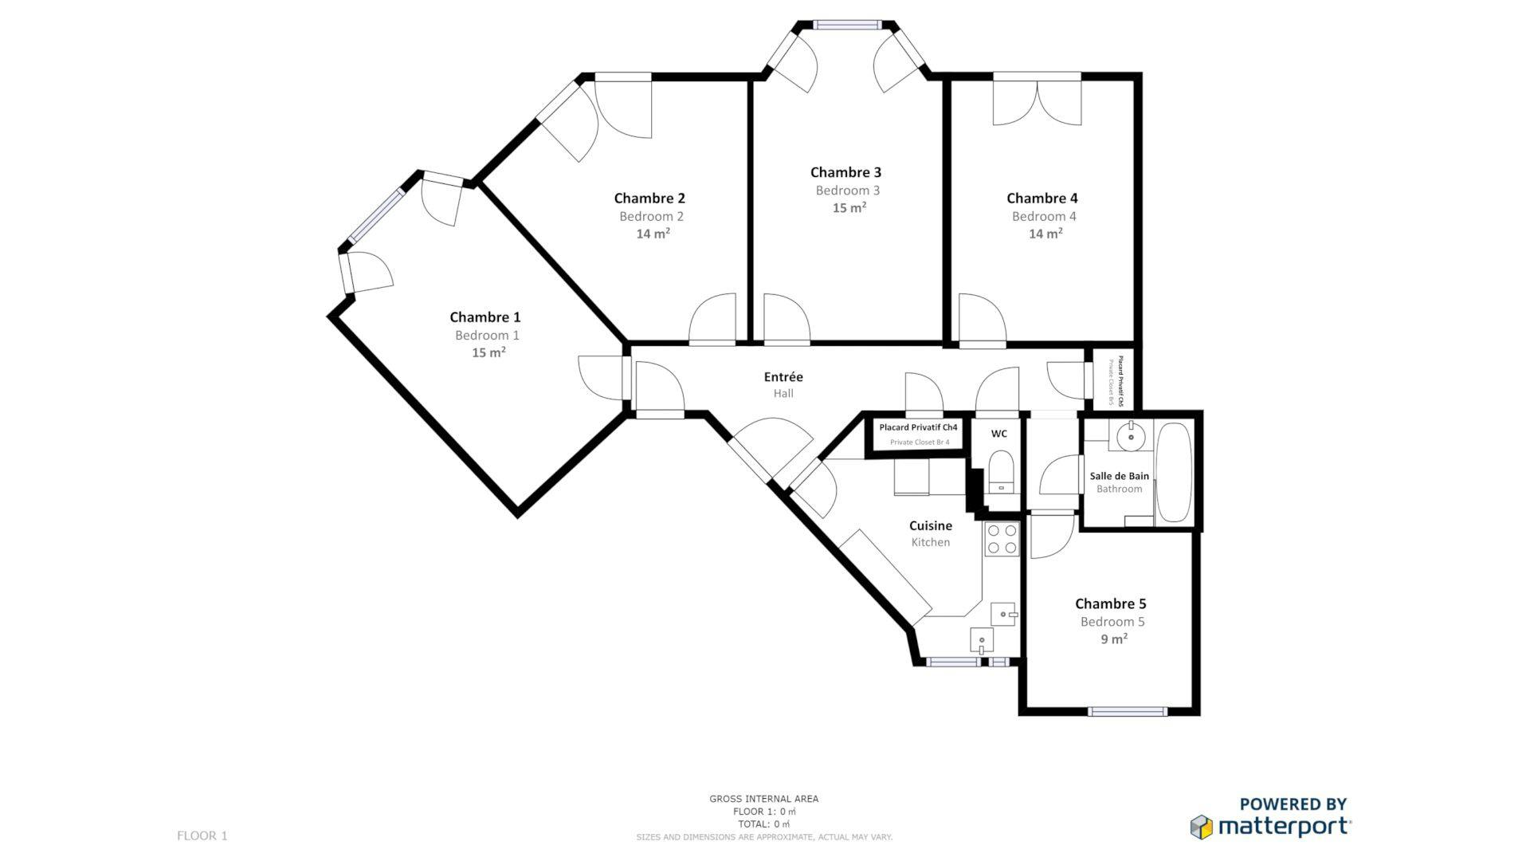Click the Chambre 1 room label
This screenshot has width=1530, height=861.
pyautogui.click(x=484, y=317)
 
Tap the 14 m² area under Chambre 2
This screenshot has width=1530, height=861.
pyautogui.click(x=652, y=234)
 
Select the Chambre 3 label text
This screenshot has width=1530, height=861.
pyautogui.click(x=845, y=172)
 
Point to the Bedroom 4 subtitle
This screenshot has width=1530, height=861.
pyautogui.click(x=1044, y=216)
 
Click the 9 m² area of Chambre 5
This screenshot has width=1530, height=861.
pyautogui.click(x=1113, y=639)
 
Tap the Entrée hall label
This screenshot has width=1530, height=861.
pyautogui.click(x=783, y=377)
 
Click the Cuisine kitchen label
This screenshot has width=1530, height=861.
pyautogui.click(x=930, y=526)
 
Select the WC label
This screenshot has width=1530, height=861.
pyautogui.click(x=998, y=434)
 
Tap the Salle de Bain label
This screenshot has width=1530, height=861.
pyautogui.click(x=1119, y=476)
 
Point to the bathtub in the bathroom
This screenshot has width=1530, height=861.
pyautogui.click(x=1173, y=472)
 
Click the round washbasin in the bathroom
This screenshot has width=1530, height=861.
pyautogui.click(x=1130, y=437)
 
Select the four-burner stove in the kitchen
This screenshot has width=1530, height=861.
pyautogui.click(x=1002, y=539)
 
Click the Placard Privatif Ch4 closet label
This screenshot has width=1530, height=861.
pyautogui.click(x=918, y=427)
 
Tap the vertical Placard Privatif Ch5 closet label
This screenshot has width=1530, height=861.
pyautogui.click(x=1120, y=381)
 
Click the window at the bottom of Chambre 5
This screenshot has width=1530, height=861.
pyautogui.click(x=1127, y=711)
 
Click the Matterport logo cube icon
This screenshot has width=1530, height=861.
pyautogui.click(x=1202, y=827)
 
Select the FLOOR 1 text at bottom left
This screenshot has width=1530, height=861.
pyautogui.click(x=202, y=835)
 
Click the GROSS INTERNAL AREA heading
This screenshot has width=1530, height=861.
pyautogui.click(x=763, y=799)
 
